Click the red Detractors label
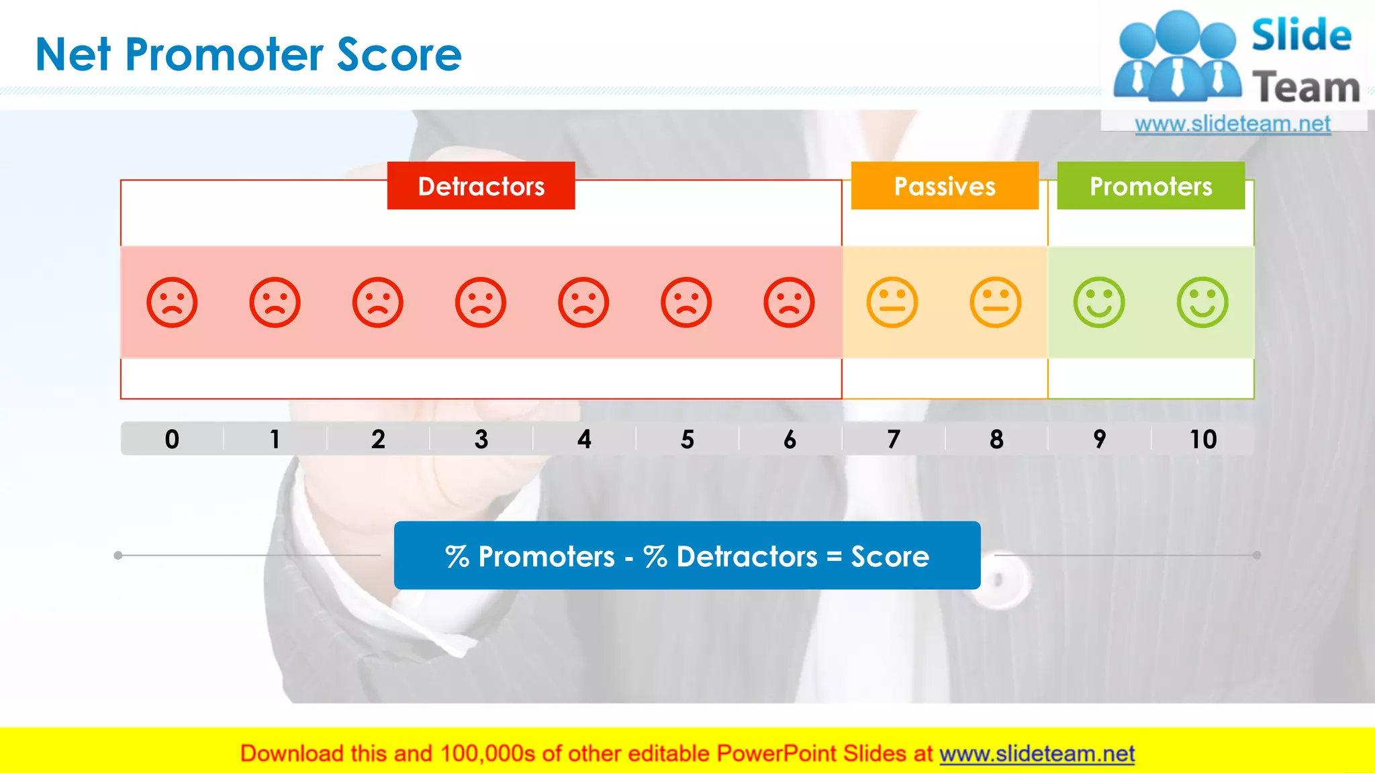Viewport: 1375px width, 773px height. [481, 186]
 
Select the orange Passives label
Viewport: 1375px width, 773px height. [945, 186]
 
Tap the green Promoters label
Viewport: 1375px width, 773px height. [1151, 186]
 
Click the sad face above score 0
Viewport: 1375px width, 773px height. [172, 303]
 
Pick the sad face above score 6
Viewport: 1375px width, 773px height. [789, 303]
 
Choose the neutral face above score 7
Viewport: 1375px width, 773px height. [892, 303]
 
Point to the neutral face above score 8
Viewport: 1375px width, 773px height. [996, 303]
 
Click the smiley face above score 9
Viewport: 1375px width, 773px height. [1099, 303]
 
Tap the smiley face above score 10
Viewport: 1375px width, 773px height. [1202, 303]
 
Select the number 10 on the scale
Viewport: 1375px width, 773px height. [1203, 440]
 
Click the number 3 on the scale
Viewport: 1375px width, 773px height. [481, 440]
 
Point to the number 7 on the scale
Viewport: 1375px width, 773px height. [894, 440]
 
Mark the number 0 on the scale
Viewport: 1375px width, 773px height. [172, 440]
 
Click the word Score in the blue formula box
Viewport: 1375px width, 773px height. [890, 557]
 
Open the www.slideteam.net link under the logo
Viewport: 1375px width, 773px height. [1233, 124]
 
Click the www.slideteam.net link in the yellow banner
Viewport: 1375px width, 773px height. [1037, 754]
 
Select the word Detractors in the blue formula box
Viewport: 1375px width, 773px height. [747, 557]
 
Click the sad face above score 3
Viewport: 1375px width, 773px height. [481, 303]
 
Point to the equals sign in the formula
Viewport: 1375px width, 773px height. [834, 557]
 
